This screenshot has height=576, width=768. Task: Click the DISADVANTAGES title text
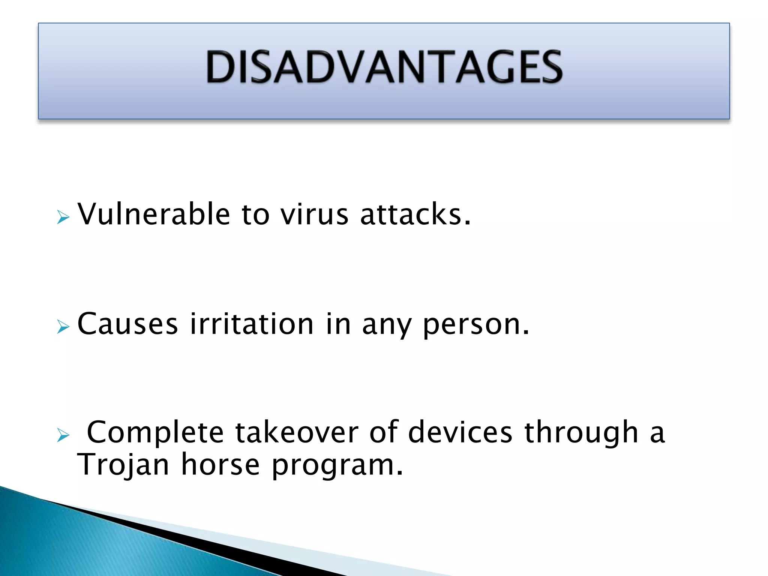(x=384, y=67)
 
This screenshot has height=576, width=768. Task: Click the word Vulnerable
(x=153, y=214)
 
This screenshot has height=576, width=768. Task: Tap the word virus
(x=315, y=214)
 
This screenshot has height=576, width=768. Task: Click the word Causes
(x=127, y=324)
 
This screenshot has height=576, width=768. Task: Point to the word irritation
(x=251, y=324)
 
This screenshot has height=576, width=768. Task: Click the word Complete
(x=155, y=432)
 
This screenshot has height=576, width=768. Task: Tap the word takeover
(x=297, y=432)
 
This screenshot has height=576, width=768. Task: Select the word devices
(x=460, y=432)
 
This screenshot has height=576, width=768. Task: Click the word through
(x=581, y=432)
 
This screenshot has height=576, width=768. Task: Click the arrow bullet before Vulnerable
(x=63, y=217)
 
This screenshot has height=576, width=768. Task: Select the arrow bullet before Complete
(x=63, y=435)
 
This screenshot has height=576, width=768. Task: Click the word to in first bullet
(x=255, y=214)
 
